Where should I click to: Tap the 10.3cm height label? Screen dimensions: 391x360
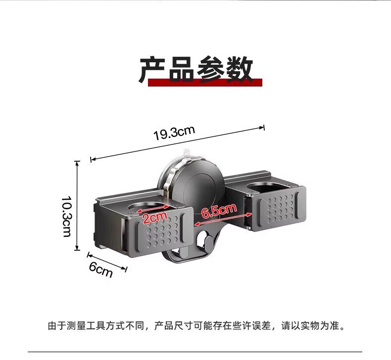(67, 217)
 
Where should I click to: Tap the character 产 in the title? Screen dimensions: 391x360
(152, 70)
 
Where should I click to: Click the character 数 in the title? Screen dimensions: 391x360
(240, 70)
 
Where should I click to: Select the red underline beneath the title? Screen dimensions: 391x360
(205, 83)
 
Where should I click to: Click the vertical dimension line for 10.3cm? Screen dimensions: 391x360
(78, 205)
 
